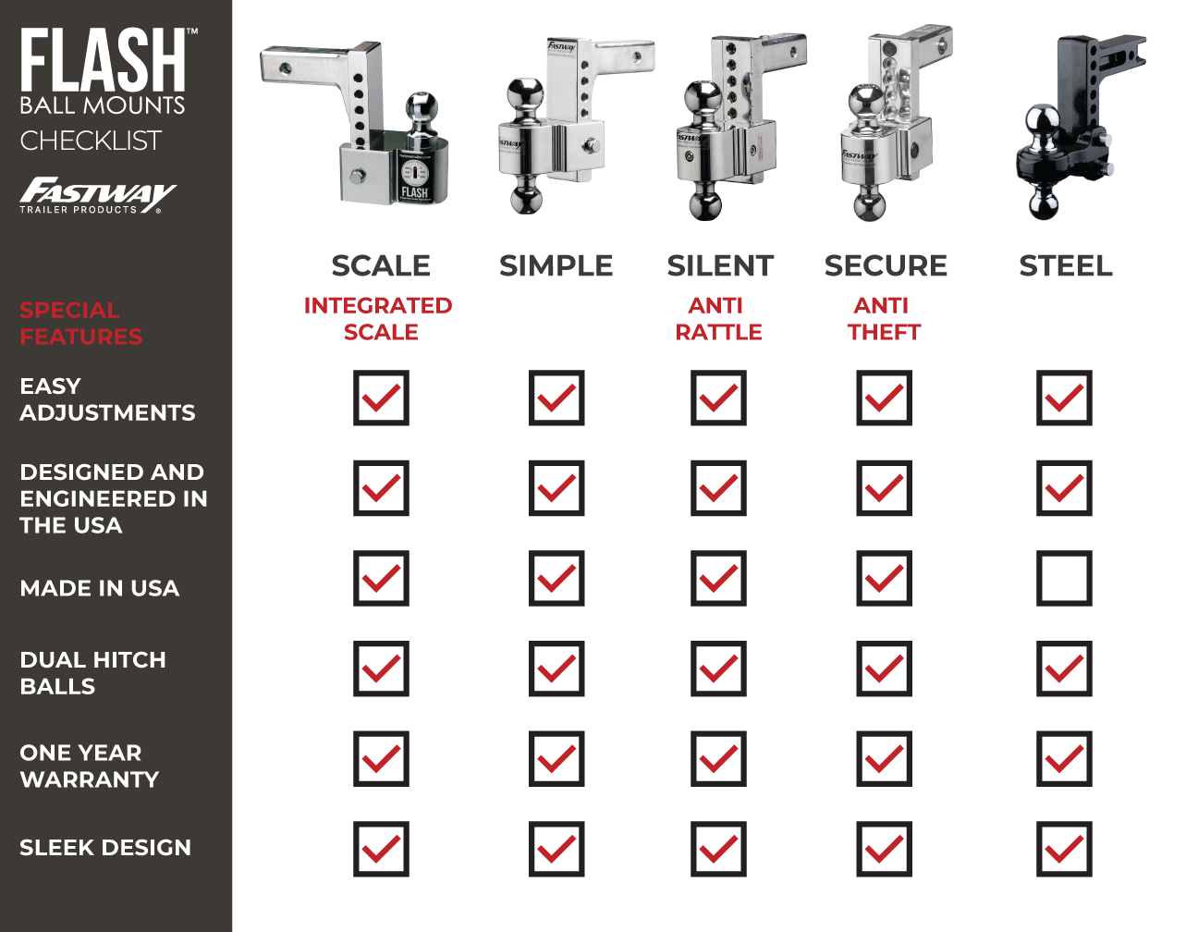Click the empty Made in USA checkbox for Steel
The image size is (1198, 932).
(1064, 579)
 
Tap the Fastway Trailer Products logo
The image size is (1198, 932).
(97, 195)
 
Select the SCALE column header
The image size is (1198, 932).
(381, 266)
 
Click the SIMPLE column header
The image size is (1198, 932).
(556, 266)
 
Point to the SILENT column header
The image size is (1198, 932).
(720, 266)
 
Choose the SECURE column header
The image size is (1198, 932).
(886, 266)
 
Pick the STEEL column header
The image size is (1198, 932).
(1066, 266)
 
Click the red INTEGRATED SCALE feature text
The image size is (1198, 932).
(379, 318)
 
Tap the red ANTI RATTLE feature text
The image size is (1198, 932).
(718, 318)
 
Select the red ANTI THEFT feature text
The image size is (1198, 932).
(884, 318)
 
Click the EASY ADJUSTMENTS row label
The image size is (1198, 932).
(107, 399)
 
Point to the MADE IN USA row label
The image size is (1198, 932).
(100, 588)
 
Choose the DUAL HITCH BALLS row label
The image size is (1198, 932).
(93, 673)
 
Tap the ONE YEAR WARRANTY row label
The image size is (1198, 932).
(90, 766)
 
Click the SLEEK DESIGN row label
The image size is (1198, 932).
(105, 847)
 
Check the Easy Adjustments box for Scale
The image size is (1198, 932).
(381, 399)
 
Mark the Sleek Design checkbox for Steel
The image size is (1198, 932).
(1064, 849)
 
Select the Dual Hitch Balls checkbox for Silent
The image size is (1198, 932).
(718, 668)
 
